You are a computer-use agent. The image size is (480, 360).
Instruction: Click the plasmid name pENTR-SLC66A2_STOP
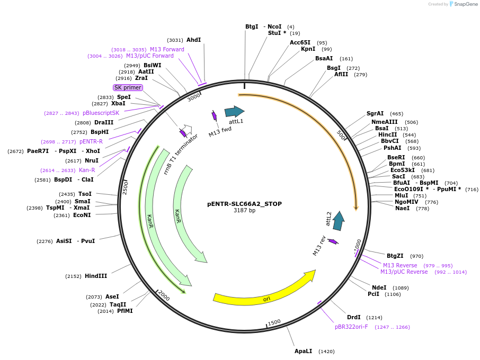(244, 204)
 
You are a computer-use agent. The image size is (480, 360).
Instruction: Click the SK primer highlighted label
(128, 87)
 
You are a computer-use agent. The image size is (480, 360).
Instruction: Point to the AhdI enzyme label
(194, 40)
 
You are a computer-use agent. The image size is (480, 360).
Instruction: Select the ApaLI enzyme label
(304, 351)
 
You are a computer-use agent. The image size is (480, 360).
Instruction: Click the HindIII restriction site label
(96, 276)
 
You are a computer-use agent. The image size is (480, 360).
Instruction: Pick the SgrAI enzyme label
(375, 113)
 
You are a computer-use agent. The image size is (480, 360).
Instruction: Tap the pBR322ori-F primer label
(351, 327)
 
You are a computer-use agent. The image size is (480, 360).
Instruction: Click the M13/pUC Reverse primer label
(404, 272)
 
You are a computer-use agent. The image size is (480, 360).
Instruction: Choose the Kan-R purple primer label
(87, 170)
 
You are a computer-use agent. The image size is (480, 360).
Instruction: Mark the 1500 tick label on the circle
(274, 322)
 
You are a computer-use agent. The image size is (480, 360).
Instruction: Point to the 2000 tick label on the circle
(164, 296)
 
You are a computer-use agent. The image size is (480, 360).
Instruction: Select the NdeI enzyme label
(379, 287)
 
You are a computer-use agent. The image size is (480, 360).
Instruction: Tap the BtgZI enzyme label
(395, 256)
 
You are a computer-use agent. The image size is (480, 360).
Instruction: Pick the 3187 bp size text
(244, 211)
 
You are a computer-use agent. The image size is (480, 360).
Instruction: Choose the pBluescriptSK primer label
(101, 113)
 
